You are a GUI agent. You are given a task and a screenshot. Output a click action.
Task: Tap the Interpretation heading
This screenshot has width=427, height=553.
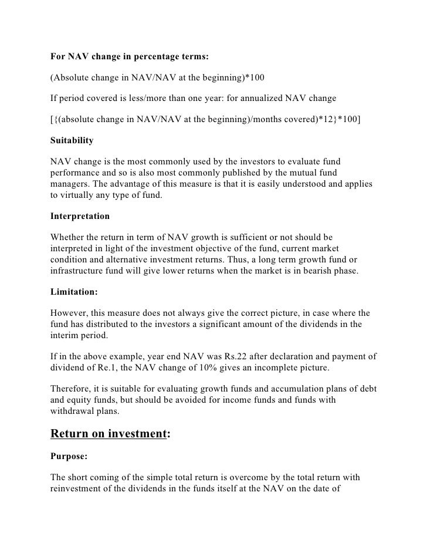pyautogui.click(x=80, y=216)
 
